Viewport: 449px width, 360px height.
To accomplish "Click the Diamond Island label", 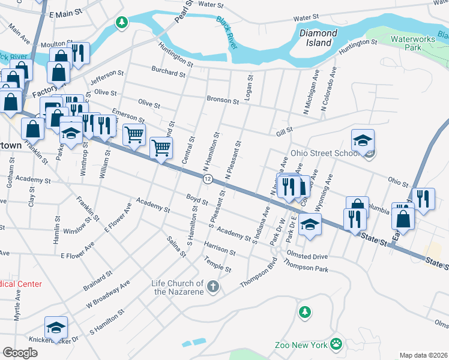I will coord(316,38).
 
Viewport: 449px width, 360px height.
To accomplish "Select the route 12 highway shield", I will coord(208,179).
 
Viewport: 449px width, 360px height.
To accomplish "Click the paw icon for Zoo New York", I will coord(336,344).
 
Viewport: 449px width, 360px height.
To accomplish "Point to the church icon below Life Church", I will coord(212,288).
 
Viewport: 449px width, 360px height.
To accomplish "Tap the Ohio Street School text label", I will coord(324,153).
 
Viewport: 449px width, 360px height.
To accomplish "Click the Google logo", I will coord(19,352).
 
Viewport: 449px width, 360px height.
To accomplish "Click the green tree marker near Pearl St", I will coord(122,23).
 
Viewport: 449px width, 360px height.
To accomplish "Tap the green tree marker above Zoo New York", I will coord(305,312).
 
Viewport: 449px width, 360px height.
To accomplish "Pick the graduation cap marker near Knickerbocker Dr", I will coord(56,328).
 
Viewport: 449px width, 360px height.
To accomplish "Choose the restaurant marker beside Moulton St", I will coord(78,53).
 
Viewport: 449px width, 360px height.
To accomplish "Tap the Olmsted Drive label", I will coord(307,255).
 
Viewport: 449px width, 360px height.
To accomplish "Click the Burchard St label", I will coord(168,73).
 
